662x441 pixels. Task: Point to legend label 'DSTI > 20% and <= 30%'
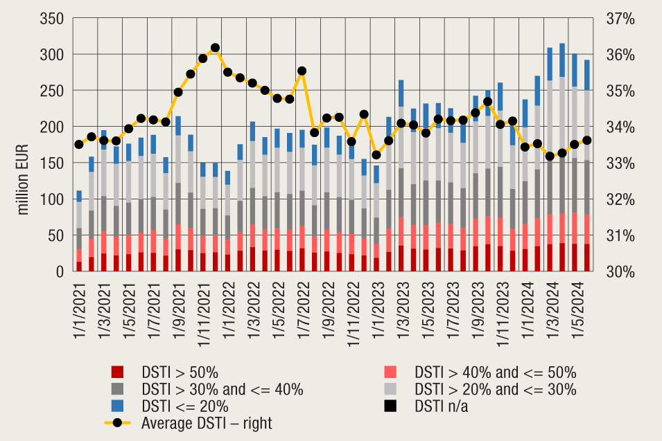point(494,389)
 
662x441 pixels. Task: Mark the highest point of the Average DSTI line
point(216,48)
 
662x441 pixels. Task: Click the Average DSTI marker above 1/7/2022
point(302,71)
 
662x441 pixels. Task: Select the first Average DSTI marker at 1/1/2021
point(79,144)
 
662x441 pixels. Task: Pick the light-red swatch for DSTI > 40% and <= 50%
point(392,372)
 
